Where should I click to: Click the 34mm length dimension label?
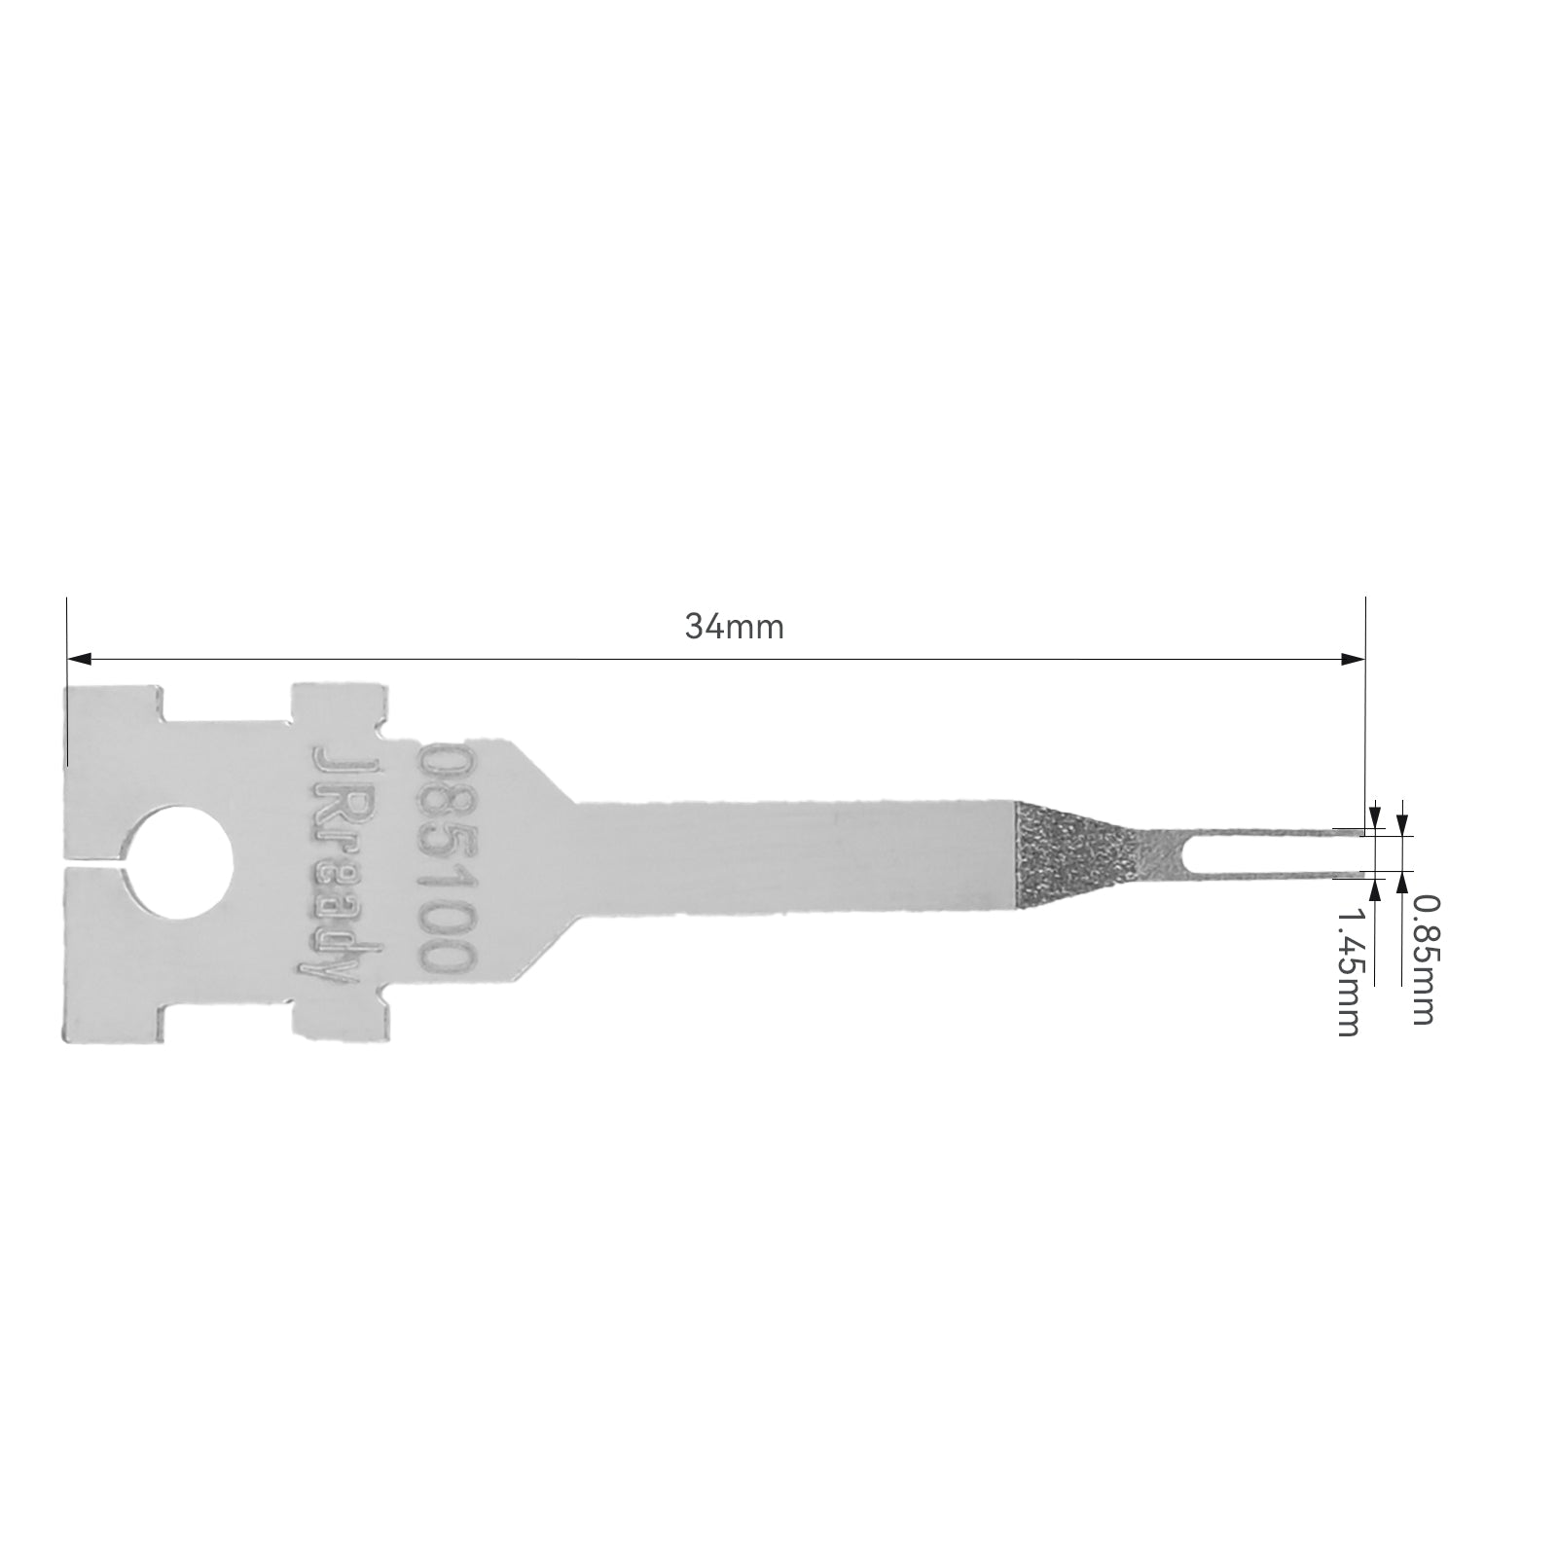[x=734, y=626]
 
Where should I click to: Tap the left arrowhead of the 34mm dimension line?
[x=79, y=659]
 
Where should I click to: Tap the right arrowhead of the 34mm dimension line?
[x=1354, y=659]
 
